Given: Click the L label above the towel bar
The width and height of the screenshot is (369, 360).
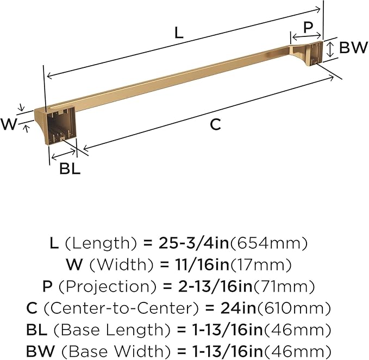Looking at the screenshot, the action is [x=179, y=33].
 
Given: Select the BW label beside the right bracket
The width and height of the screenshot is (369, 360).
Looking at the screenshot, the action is [x=353, y=47].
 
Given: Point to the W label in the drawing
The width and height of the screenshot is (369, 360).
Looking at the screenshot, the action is [x=9, y=124].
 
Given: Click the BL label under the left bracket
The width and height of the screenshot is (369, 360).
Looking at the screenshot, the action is [x=70, y=168].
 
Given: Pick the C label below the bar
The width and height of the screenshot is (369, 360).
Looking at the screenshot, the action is [x=216, y=124].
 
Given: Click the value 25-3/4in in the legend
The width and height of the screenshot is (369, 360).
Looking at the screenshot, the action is [x=193, y=243].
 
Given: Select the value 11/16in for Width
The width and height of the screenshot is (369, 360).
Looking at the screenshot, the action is [x=202, y=264].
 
